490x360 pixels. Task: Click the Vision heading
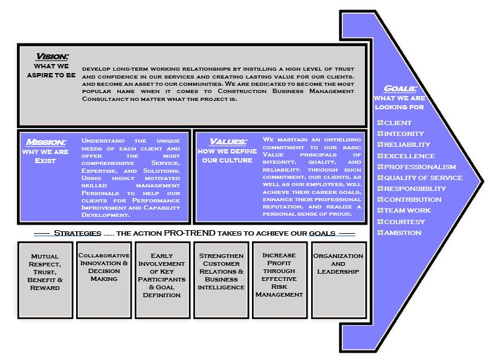click(x=52, y=56)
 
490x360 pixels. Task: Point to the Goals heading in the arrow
click(x=399, y=88)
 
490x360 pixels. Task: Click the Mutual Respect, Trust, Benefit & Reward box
click(x=45, y=280)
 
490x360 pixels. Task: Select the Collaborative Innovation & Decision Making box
click(x=104, y=280)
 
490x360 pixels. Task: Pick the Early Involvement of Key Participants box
click(x=162, y=280)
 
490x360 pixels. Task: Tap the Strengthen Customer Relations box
click(x=221, y=280)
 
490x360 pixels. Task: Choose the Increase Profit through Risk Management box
click(x=279, y=280)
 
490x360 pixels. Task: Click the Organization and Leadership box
click(x=338, y=280)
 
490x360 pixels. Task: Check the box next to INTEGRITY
click(x=380, y=134)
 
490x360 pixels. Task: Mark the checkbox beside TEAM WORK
click(x=380, y=211)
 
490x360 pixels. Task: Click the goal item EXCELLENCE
click(x=409, y=156)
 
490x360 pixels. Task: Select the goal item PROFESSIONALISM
click(x=420, y=167)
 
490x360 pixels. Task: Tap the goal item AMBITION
click(x=402, y=233)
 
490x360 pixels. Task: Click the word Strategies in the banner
click(x=77, y=233)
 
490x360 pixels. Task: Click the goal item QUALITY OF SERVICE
click(x=423, y=178)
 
